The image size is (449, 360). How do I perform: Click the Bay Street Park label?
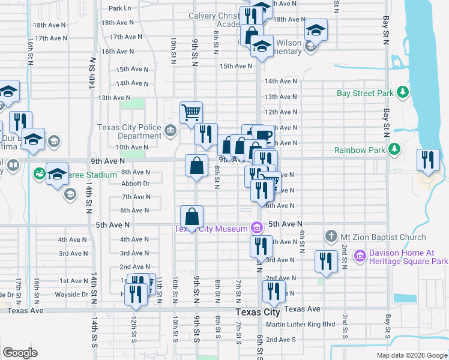coord(365,93)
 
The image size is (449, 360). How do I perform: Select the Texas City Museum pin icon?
coord(257,228)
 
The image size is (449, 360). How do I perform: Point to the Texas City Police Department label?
coord(130,131)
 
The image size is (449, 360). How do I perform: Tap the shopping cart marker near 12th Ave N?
coord(191,112)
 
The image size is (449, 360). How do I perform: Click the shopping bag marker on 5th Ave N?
coord(191,217)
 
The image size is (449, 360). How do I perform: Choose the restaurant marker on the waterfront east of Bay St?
coord(428,160)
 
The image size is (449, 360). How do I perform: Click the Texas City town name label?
coord(258,313)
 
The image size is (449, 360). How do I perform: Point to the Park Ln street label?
coord(120,8)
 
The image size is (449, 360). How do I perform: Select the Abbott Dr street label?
coord(135,184)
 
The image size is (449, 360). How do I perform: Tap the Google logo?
coord(20,353)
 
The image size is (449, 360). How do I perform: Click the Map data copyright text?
coord(411,355)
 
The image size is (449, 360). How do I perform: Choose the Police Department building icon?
coord(170,130)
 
